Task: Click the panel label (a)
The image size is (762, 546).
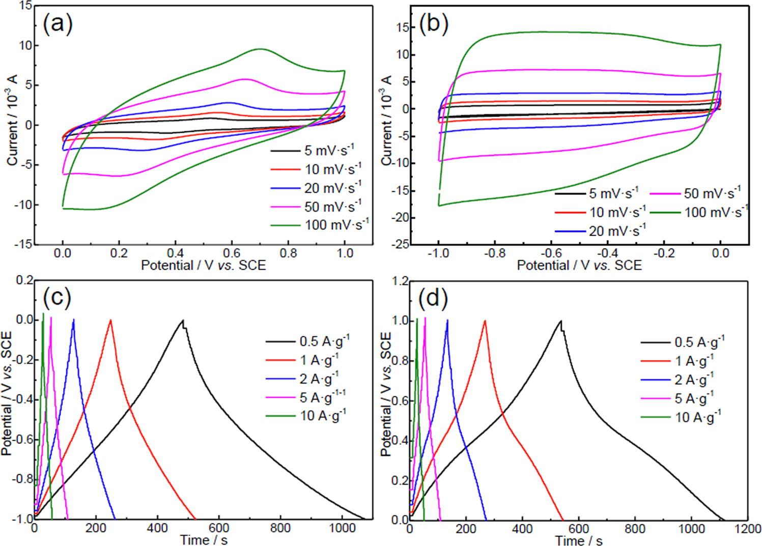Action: [x=58, y=24]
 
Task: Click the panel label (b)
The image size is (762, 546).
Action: [x=433, y=24]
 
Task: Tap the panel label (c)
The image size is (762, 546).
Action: [x=58, y=297]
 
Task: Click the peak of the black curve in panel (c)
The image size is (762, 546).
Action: [x=182, y=320]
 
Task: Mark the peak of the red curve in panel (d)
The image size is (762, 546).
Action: [x=485, y=321]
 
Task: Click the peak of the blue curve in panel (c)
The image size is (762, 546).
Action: [x=74, y=320]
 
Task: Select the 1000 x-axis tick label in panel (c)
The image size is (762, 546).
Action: [x=342, y=528]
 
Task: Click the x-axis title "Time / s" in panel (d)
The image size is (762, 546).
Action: [x=579, y=540]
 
